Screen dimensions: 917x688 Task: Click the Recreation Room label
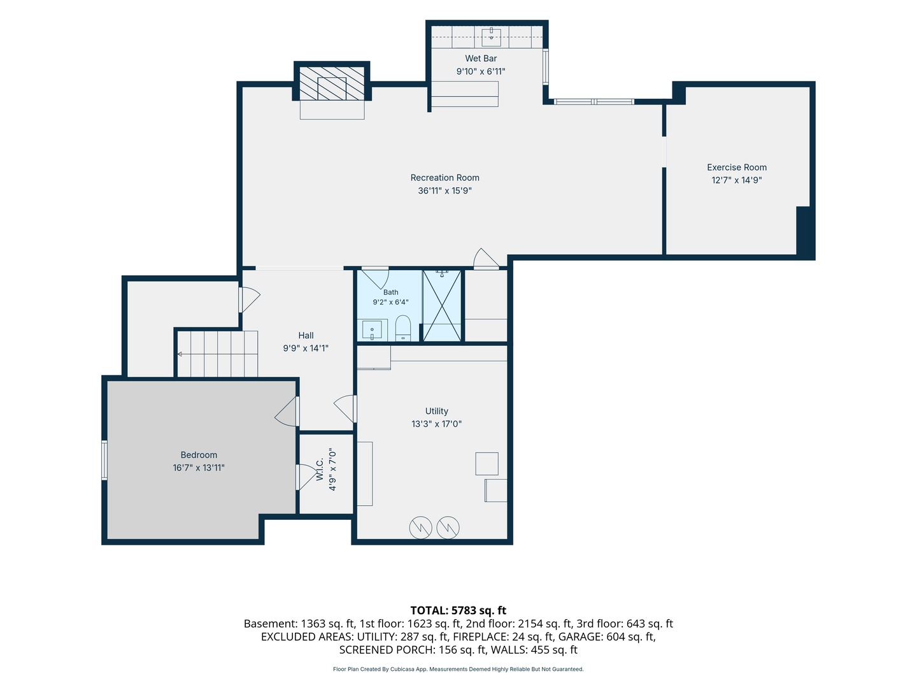click(x=444, y=178)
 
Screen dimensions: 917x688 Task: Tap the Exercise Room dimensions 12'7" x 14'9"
click(x=737, y=180)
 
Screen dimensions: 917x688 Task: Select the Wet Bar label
click(x=481, y=59)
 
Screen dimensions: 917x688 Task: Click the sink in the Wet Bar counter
click(x=491, y=37)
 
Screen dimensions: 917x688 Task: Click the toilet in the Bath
click(x=402, y=328)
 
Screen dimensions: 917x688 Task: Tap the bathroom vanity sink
click(x=372, y=330)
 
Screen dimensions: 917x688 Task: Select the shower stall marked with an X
click(x=442, y=305)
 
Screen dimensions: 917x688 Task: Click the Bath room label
click(x=390, y=292)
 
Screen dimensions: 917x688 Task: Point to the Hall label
click(x=306, y=336)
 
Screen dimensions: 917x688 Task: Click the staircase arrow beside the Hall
click(x=179, y=354)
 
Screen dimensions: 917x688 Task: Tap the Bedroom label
click(x=199, y=455)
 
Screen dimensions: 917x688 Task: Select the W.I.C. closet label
click(x=320, y=469)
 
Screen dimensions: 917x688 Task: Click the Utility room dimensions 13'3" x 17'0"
click(x=437, y=424)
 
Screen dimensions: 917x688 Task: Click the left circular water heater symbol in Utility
click(x=420, y=527)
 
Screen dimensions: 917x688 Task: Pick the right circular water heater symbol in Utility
click(x=448, y=527)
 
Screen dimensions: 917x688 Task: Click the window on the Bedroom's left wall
click(x=104, y=460)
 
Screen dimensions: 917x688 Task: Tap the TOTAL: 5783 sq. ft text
click(x=458, y=610)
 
